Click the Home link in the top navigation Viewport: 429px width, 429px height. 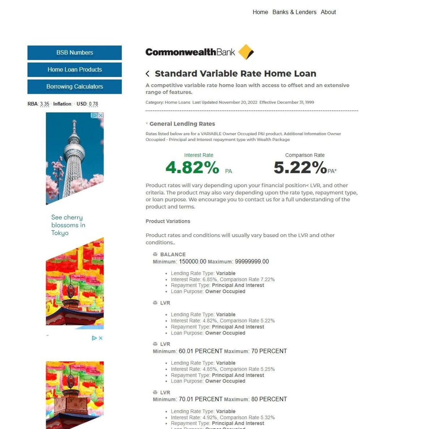pyautogui.click(x=260, y=12)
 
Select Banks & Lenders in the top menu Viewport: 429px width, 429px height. pyautogui.click(x=294, y=12)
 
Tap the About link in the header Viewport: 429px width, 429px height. pyautogui.click(x=328, y=12)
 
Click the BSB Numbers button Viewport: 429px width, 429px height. pyautogui.click(x=75, y=53)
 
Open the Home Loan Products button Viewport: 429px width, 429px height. pyautogui.click(x=75, y=69)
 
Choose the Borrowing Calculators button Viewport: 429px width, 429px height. pyautogui.click(x=75, y=86)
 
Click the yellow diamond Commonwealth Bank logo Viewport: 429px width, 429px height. pyautogui.click(x=246, y=52)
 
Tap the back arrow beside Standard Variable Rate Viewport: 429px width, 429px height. pyautogui.click(x=148, y=74)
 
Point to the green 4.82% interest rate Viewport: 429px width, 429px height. pyautogui.click(x=192, y=167)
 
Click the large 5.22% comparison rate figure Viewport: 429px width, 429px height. pyautogui.click(x=300, y=167)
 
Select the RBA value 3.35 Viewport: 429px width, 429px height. pyautogui.click(x=45, y=104)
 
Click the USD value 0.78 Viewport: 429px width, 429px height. pyautogui.click(x=94, y=104)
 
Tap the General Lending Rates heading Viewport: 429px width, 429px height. pyautogui.click(x=182, y=124)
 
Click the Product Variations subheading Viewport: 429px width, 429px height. pyautogui.click(x=168, y=221)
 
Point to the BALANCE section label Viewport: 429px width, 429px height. pyautogui.click(x=173, y=255)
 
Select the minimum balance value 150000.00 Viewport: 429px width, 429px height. pyautogui.click(x=192, y=261)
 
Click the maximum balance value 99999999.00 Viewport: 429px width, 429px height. pyautogui.click(x=252, y=261)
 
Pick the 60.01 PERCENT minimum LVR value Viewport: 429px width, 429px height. pyautogui.click(x=200, y=351)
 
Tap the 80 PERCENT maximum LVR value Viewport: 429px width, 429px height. pyautogui.click(x=269, y=399)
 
